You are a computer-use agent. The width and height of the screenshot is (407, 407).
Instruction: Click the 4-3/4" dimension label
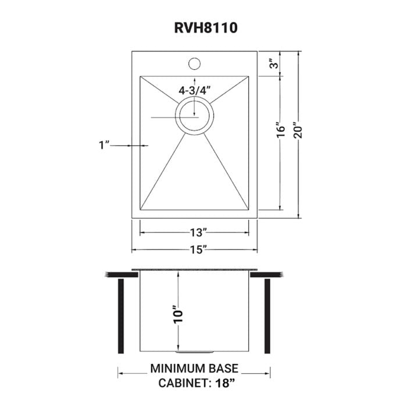point(195,90)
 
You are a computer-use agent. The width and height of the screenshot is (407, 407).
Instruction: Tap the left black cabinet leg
point(122,316)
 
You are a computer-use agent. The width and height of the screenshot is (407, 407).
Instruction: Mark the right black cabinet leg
point(269,316)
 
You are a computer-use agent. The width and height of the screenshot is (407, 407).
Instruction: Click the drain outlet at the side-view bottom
point(195,352)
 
